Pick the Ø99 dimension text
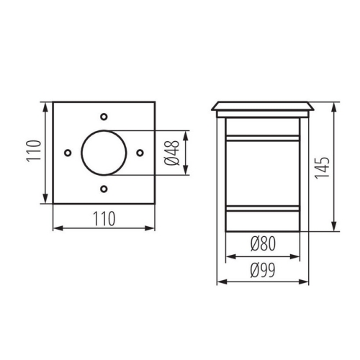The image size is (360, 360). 263,270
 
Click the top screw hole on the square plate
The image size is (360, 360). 104,116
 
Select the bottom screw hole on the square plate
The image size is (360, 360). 104,189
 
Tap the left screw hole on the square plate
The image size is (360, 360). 67,153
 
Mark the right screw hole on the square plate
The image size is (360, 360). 140,153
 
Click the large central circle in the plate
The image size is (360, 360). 104,153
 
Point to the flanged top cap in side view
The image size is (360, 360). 263,107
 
